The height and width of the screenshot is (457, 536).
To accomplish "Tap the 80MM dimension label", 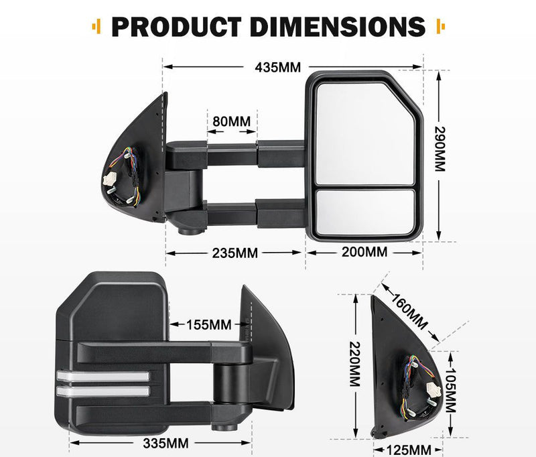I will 231,122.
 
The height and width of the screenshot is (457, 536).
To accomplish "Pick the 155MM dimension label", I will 210,325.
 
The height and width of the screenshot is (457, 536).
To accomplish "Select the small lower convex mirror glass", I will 366,212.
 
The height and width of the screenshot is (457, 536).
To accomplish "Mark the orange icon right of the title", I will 440,27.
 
